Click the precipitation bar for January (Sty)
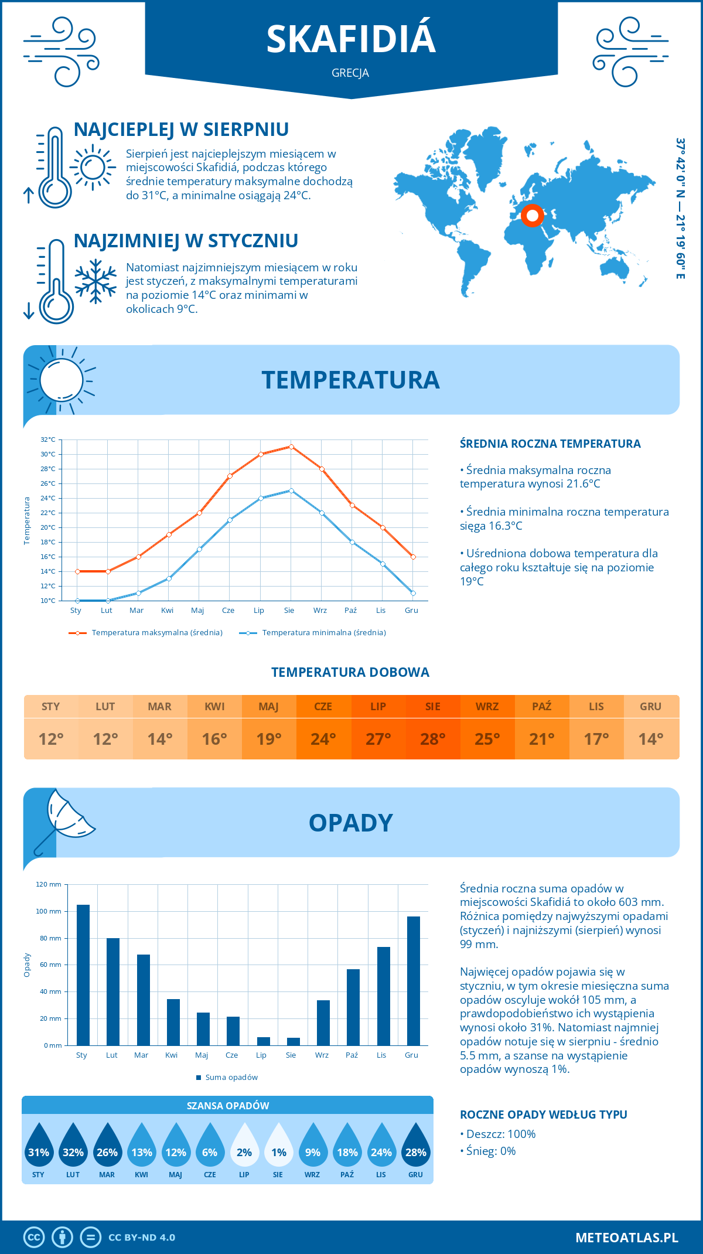click(x=83, y=975)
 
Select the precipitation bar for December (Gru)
click(x=414, y=981)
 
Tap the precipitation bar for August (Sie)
click(x=294, y=1041)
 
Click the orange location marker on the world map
click(x=533, y=216)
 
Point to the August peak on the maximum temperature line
click(x=291, y=447)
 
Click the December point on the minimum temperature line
click(x=413, y=593)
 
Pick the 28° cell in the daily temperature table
click(x=432, y=739)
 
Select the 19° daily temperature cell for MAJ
click(x=269, y=739)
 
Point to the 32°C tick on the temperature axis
click(x=48, y=439)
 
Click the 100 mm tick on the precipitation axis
click(x=49, y=911)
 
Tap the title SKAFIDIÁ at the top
click(x=351, y=39)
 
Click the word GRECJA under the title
click(x=350, y=73)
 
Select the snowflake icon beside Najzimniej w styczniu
click(x=95, y=281)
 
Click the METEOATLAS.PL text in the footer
click(x=626, y=1238)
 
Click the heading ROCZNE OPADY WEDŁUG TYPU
click(x=543, y=1115)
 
